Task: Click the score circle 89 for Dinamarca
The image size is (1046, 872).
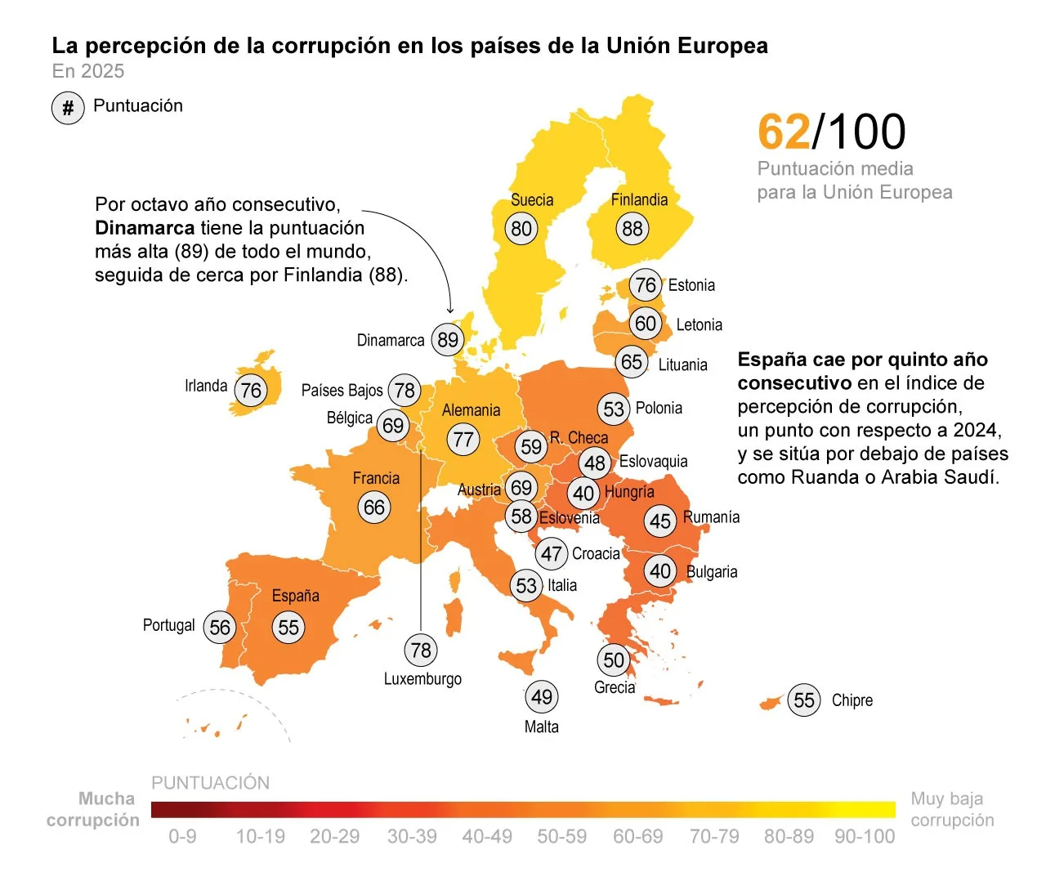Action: click(x=448, y=340)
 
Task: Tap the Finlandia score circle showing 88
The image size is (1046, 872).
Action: click(x=632, y=229)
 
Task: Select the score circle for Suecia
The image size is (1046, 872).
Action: click(x=521, y=229)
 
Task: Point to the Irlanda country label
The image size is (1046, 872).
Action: click(x=206, y=386)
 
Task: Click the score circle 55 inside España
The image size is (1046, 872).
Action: click(x=288, y=628)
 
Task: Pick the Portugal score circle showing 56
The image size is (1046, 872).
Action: click(x=219, y=628)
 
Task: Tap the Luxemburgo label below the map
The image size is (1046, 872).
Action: click(x=422, y=679)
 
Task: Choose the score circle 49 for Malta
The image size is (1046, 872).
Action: click(x=541, y=697)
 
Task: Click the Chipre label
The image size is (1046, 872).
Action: click(x=852, y=700)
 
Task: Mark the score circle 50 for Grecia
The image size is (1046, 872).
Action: click(x=614, y=660)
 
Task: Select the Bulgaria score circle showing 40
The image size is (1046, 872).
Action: click(x=660, y=571)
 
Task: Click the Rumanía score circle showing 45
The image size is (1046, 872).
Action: click(x=660, y=521)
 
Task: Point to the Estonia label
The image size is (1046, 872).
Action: click(x=691, y=285)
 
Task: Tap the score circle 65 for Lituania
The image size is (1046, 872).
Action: click(x=632, y=362)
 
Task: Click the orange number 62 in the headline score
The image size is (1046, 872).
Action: click(x=784, y=132)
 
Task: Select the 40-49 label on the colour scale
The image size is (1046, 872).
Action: click(x=487, y=837)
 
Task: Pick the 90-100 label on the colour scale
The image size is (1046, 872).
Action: click(x=865, y=837)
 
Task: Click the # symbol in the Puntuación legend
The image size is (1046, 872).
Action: click(x=68, y=108)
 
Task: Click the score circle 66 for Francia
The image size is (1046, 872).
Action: click(x=374, y=508)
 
